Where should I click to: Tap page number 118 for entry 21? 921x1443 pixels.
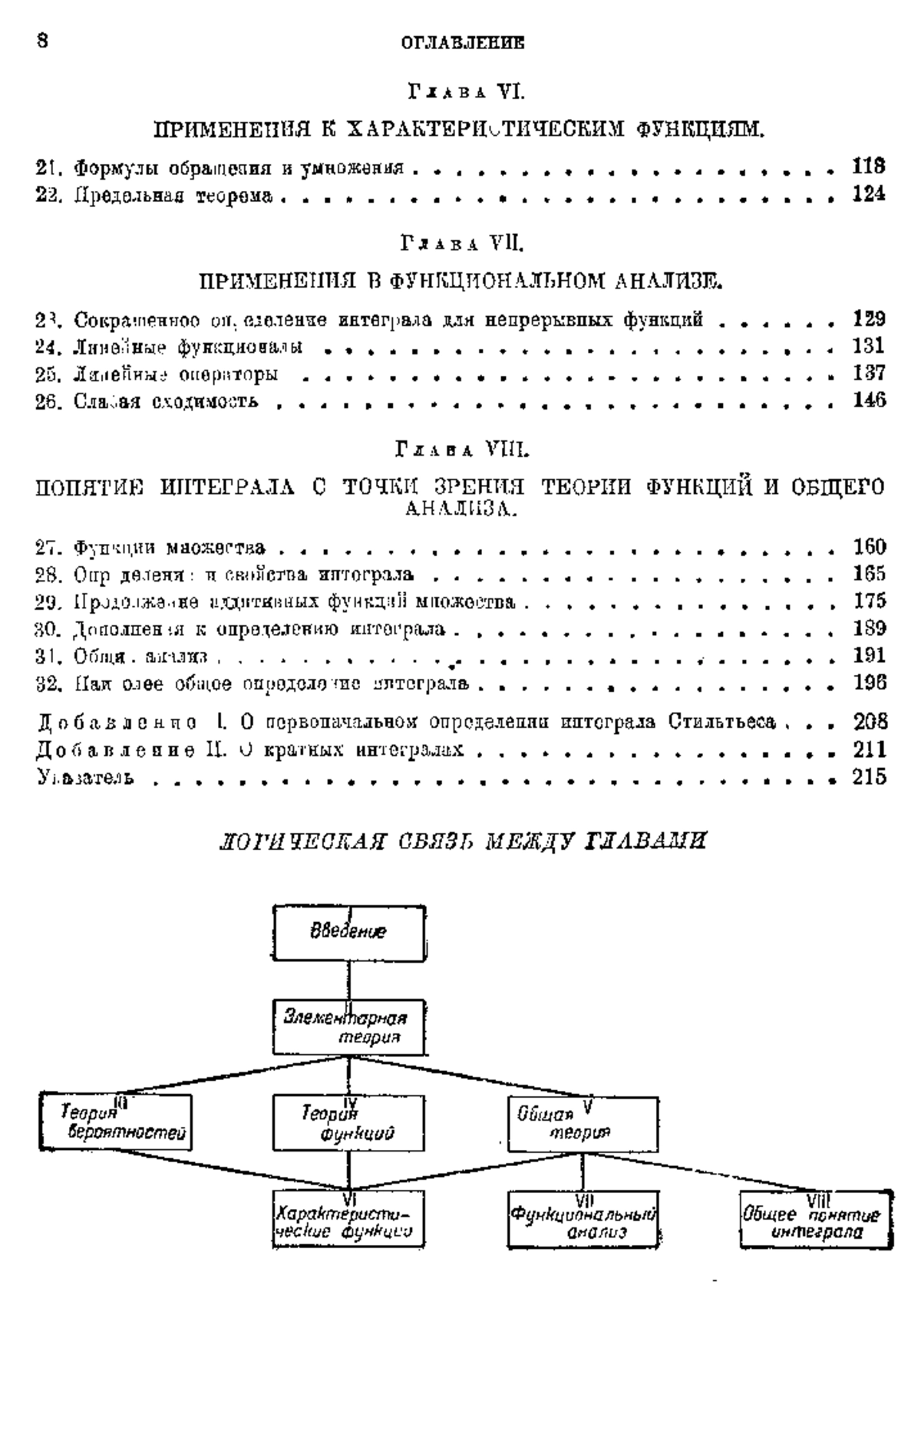869,166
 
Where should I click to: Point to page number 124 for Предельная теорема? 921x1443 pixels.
869,195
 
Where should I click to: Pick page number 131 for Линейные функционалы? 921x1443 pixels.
869,346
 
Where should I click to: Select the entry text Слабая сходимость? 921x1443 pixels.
147,401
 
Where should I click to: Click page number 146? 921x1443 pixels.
869,400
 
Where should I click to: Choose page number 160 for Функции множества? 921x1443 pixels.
870,547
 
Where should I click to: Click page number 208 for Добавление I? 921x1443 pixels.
870,721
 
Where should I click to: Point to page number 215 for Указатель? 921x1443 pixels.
870,777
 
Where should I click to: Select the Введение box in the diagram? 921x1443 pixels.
348,933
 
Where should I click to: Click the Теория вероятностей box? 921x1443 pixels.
116,1122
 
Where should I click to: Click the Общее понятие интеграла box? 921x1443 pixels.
816,1219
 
